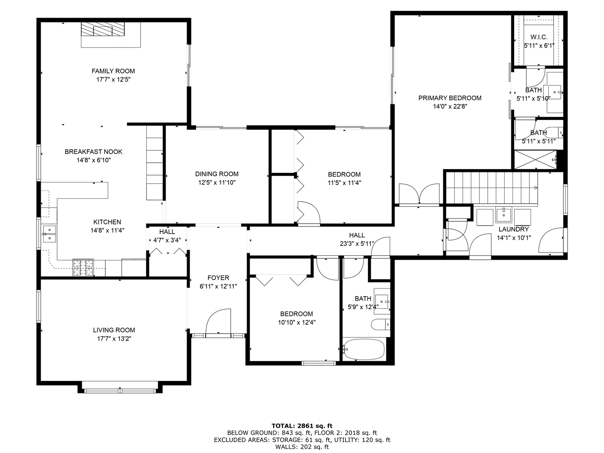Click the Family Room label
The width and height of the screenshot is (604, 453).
point(113,71)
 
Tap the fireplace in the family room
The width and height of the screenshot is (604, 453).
point(103,29)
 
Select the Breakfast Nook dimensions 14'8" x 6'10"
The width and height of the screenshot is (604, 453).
point(94,160)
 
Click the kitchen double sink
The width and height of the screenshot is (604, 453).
point(49,234)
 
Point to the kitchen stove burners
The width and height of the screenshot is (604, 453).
point(83,267)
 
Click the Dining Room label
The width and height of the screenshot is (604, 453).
point(217,174)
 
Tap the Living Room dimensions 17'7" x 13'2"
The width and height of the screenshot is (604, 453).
point(114,338)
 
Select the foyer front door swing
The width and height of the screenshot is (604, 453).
point(218,321)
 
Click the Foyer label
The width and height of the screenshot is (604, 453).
point(218,278)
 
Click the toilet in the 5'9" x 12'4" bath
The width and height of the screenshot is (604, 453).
point(380,325)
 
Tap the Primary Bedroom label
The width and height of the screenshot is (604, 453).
point(450,98)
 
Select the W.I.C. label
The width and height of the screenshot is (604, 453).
point(539,37)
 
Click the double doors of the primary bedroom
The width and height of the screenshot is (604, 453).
point(419,194)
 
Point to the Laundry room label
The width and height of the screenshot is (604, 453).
point(513,229)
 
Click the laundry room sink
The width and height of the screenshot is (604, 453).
point(504,215)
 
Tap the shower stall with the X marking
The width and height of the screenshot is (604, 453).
point(535,159)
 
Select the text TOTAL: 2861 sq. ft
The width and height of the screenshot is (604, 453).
point(302,426)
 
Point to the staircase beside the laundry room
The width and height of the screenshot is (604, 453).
point(492,188)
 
